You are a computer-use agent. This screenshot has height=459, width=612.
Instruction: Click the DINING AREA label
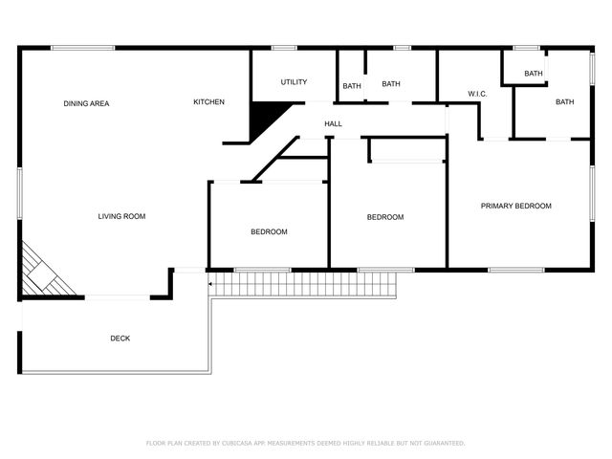[86, 103]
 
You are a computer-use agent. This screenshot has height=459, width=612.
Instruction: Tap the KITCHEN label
[208, 102]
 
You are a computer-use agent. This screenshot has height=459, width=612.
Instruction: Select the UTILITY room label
[294, 82]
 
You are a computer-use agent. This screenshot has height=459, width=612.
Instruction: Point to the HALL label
[333, 124]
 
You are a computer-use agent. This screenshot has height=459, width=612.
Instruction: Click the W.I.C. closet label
[477, 94]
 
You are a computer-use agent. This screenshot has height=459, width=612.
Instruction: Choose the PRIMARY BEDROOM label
[515, 207]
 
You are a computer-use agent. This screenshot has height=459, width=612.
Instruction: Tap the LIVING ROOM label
[121, 217]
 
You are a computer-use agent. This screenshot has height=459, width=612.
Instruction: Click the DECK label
[120, 339]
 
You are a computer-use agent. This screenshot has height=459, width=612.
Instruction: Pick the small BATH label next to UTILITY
[352, 87]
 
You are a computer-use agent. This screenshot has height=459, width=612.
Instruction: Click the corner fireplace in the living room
[46, 272]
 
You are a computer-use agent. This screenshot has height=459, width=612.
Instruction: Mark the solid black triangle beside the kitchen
[265, 117]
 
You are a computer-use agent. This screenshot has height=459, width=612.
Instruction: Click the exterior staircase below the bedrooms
[304, 284]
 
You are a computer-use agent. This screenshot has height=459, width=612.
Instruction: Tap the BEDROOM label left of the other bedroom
[269, 232]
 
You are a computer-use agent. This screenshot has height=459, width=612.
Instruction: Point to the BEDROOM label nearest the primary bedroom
[385, 217]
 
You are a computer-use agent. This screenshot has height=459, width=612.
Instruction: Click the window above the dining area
[83, 48]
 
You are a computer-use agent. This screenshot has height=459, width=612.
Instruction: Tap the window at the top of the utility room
[284, 48]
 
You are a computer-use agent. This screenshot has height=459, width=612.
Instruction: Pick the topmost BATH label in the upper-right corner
[533, 74]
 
